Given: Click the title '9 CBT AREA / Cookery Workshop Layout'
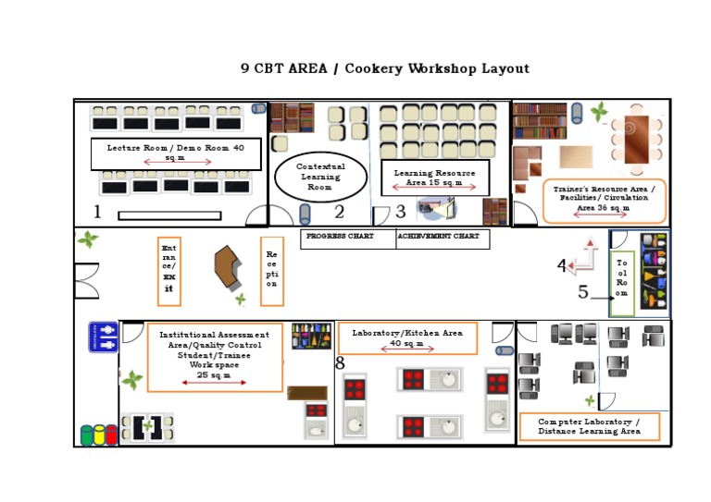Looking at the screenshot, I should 384,69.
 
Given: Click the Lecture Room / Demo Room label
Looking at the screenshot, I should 176,153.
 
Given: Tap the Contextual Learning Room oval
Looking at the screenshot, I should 320,177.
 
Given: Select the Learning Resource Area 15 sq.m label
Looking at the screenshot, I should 435,178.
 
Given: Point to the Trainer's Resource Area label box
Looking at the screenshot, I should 604,201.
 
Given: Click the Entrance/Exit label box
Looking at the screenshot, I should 168,271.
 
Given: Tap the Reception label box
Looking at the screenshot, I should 271,271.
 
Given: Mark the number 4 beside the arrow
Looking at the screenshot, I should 561,267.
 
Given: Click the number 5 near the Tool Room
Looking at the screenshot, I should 582,293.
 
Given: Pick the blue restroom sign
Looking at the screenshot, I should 103,337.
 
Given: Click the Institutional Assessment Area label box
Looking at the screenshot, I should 215,357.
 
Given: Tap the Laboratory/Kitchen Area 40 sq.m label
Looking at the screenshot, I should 407,338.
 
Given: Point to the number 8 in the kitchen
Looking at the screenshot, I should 340,364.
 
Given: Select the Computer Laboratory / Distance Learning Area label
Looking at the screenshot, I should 589,426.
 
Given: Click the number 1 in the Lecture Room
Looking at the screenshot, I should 97,213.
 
